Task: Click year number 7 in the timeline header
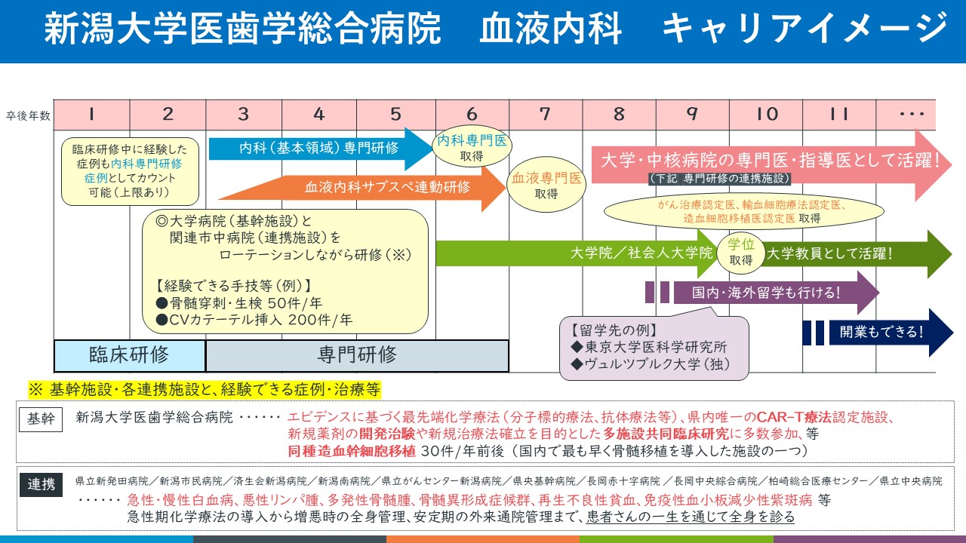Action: click(x=545, y=115)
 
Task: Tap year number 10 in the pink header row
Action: click(x=767, y=115)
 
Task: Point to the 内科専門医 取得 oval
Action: click(x=471, y=147)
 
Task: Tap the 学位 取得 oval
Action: click(x=740, y=253)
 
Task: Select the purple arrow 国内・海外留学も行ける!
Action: click(x=762, y=293)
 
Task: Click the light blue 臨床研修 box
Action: click(x=129, y=355)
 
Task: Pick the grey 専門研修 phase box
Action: click(x=357, y=355)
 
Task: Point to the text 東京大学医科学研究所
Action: click(x=654, y=348)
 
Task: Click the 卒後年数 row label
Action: click(x=28, y=115)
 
